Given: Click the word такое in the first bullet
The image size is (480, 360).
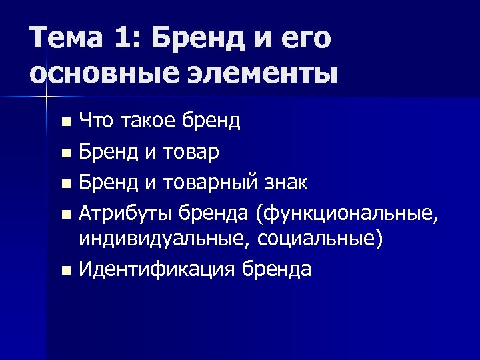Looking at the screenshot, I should click(140, 121).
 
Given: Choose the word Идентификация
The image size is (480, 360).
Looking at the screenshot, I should click(156, 269).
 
